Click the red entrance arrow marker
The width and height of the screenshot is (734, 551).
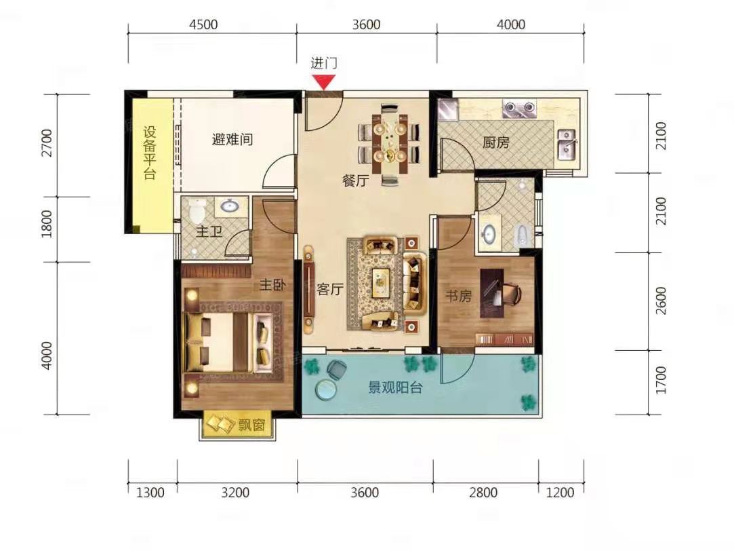[324, 83]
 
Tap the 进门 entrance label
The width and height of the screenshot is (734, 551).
[324, 63]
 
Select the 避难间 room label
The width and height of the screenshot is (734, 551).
[232, 139]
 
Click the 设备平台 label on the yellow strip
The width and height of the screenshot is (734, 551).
[150, 153]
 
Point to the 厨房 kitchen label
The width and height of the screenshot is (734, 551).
[495, 142]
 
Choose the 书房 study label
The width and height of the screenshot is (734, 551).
[458, 296]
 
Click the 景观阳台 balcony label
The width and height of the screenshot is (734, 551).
[396, 387]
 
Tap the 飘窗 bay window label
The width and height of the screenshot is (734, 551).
[252, 425]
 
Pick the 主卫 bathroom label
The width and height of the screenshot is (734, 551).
[209, 231]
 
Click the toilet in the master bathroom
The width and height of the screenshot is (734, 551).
[197, 210]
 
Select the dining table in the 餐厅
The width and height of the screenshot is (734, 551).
[390, 143]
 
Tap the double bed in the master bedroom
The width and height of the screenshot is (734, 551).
[229, 342]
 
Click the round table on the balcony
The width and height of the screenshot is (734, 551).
[326, 389]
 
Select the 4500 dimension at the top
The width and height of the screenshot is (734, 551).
[203, 24]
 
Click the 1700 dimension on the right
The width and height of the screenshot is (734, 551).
[661, 380]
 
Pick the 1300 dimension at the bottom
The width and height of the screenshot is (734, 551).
[150, 493]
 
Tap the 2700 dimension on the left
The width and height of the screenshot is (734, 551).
[47, 143]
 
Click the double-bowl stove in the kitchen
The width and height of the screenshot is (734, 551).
[519, 109]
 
